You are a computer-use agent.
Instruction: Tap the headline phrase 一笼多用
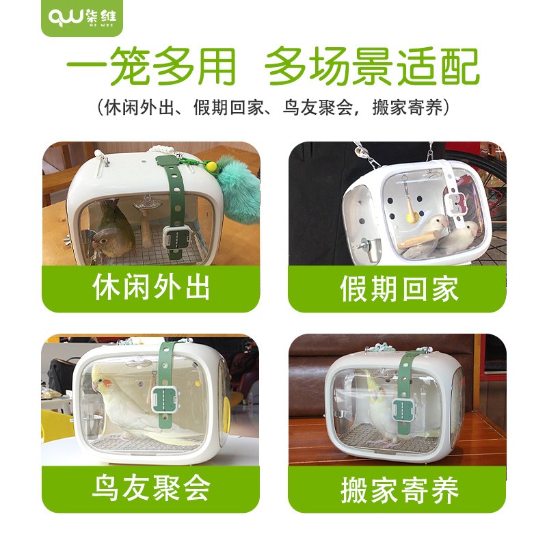(151, 68)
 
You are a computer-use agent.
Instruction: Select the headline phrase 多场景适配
(373, 68)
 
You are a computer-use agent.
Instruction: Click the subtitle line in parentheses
(273, 107)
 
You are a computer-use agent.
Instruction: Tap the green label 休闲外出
(151, 288)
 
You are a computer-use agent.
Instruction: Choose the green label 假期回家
(399, 289)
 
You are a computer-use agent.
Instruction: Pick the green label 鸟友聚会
(151, 488)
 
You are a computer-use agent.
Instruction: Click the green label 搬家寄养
(399, 490)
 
